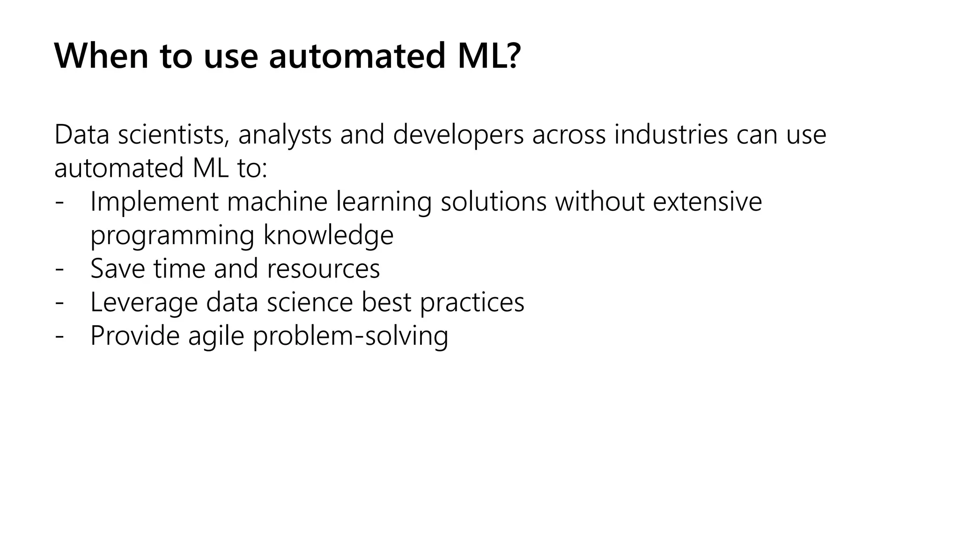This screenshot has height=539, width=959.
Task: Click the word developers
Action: [x=458, y=135]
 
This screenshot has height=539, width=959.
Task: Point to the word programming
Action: [x=172, y=236]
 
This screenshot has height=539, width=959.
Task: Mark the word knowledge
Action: [x=328, y=235]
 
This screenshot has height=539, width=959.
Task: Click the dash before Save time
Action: [x=59, y=269]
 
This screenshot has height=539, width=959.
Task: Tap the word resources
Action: [x=323, y=269]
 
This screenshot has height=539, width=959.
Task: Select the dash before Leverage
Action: [x=59, y=303]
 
